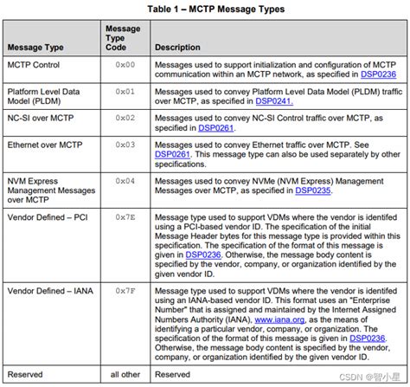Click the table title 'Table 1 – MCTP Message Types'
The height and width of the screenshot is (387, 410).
tap(205, 9)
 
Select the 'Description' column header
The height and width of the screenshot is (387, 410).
tap(179, 48)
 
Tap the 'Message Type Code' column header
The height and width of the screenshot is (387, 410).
tap(123, 39)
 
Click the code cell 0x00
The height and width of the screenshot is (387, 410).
tap(126, 65)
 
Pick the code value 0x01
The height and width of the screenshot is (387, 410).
tap(126, 90)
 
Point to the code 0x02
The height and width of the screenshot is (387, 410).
tap(126, 116)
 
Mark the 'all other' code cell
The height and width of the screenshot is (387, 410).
tap(126, 375)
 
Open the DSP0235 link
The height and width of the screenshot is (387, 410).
tap(314, 190)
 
